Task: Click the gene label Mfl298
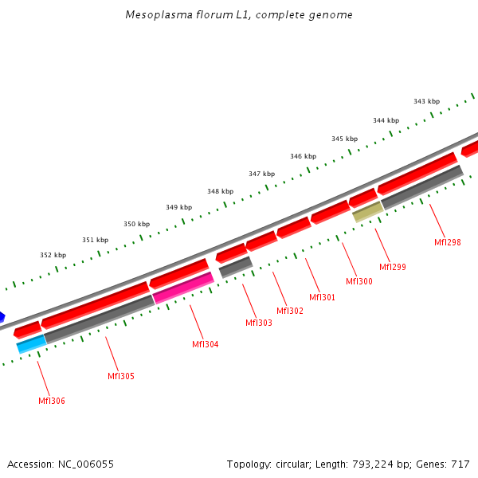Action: (x=447, y=242)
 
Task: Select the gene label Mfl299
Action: (x=392, y=267)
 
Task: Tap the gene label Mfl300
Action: (x=358, y=281)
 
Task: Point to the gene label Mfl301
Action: (x=322, y=297)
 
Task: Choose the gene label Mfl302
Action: (x=290, y=311)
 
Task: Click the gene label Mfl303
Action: (x=258, y=323)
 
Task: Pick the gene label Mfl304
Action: (x=205, y=344)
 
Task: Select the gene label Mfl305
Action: (x=121, y=376)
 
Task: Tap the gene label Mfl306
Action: (x=52, y=401)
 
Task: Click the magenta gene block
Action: (x=183, y=288)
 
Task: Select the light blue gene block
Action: (x=32, y=343)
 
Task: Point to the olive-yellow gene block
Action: (x=368, y=211)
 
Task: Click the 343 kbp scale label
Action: (x=426, y=101)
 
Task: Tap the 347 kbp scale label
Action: (x=261, y=174)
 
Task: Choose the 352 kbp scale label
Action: (x=53, y=255)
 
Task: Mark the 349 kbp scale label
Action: (x=178, y=207)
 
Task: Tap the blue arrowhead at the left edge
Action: (x=2, y=316)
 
